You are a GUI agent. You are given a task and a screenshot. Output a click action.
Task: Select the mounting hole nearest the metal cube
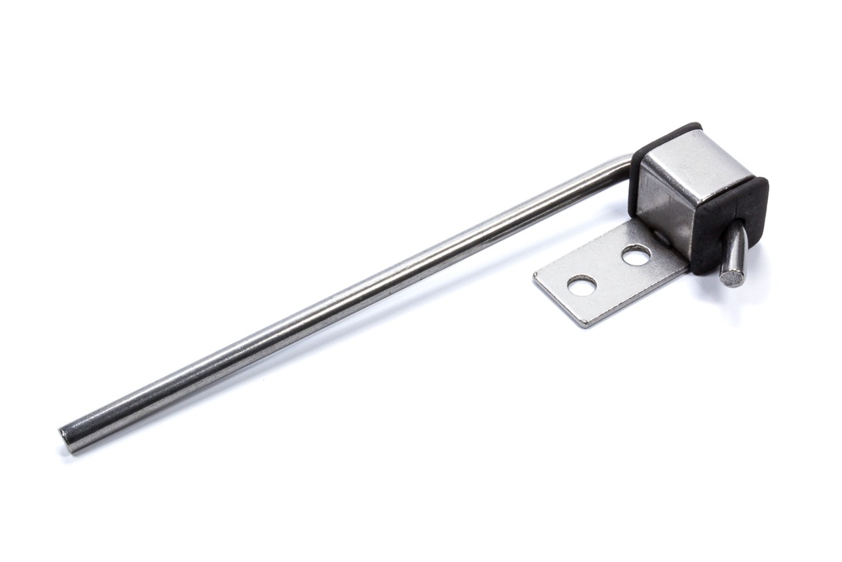click(636, 255)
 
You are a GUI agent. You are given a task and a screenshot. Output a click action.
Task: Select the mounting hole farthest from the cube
click(581, 286)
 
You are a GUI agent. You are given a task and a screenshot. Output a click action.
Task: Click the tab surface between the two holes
click(609, 270)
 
